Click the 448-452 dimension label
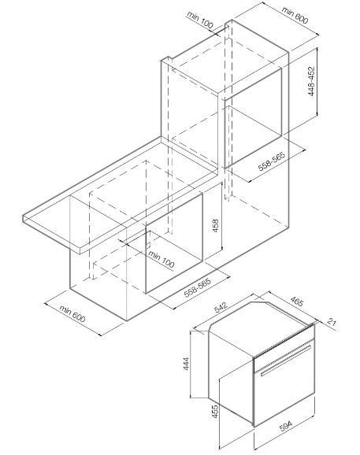[x=311, y=82]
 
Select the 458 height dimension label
[x=215, y=225]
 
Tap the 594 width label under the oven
[x=286, y=426]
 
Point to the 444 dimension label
[x=186, y=364]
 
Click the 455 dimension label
[x=215, y=412]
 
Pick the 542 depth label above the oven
[x=221, y=307]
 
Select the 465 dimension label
[x=297, y=301]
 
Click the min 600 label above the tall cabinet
[x=295, y=15]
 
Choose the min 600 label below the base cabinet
[x=72, y=313]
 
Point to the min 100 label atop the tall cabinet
[x=200, y=20]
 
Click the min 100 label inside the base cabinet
[x=161, y=259]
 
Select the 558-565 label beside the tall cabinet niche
[x=272, y=161]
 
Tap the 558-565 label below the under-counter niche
[x=198, y=288]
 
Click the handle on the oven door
[x=286, y=360]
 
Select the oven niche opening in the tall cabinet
[x=253, y=118]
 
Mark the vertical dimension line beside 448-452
[x=317, y=82]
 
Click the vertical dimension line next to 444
[x=191, y=364]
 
